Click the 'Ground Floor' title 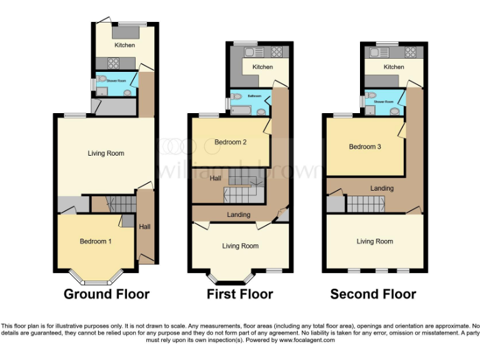click(x=106, y=294)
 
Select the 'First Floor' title click(x=240, y=294)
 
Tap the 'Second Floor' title click(x=373, y=294)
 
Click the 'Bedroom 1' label click(x=96, y=241)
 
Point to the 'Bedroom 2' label click(x=231, y=142)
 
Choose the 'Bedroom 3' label click(x=365, y=147)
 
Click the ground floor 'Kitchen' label click(x=124, y=45)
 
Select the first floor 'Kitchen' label click(x=262, y=67)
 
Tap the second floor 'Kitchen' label click(x=394, y=67)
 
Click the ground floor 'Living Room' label click(x=106, y=153)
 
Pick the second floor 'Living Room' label click(x=375, y=241)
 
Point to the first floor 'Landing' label click(x=239, y=215)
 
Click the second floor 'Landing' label click(x=382, y=188)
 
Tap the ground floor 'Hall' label click(x=144, y=226)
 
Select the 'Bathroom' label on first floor click(x=254, y=96)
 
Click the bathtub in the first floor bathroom click(x=241, y=111)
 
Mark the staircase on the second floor click(x=365, y=204)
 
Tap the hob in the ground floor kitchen click(x=114, y=62)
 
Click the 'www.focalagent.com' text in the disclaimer click(x=307, y=340)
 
